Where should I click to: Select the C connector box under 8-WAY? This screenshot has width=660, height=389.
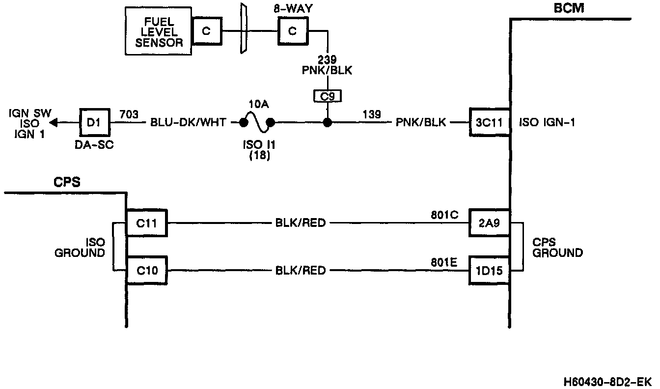pos(293,31)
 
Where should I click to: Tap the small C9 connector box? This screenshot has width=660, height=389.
pos(328,96)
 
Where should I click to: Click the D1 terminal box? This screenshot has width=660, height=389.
pos(94,122)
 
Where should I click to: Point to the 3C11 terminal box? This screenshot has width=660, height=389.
pos(490,122)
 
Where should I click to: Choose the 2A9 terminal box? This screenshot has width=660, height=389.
pos(490,223)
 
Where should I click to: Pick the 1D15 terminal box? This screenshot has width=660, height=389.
pos(490,270)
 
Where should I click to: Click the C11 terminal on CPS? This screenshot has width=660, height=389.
pos(147,223)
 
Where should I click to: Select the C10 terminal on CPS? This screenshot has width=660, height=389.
pos(147,270)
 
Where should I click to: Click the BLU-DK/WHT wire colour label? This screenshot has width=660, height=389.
pos(188,123)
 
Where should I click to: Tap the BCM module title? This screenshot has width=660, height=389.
pos(569,8)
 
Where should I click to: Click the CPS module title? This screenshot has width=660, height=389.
pos(67,182)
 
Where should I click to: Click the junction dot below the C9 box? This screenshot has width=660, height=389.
pos(328,122)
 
